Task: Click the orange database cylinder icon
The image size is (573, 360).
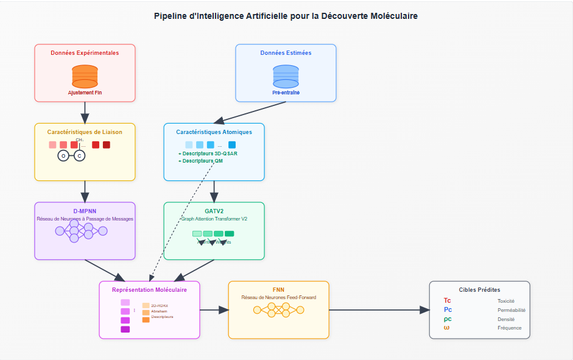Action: (85, 76)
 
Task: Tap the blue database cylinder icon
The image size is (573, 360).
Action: (286, 76)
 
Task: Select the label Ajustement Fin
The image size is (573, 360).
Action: (85, 93)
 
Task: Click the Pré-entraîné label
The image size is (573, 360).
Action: (286, 93)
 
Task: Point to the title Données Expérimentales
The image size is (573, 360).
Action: (85, 53)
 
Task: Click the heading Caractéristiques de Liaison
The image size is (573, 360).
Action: (85, 132)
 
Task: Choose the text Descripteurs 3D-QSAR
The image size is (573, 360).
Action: (209, 154)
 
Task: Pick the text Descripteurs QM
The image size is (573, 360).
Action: (202, 161)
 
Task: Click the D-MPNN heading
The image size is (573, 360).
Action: (85, 211)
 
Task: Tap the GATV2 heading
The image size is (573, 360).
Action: (214, 211)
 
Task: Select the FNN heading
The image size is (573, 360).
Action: (278, 289)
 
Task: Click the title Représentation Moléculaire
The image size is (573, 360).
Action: (149, 290)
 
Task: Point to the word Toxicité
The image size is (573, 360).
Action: (505, 301)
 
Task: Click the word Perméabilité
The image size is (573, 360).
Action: (511, 310)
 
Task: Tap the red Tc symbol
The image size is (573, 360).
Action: (448, 301)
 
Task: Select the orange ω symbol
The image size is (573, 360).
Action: (447, 328)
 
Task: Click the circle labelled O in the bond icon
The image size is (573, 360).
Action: (63, 156)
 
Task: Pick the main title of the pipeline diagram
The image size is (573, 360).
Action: (286, 16)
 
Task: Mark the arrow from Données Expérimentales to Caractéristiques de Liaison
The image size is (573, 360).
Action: (85, 112)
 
